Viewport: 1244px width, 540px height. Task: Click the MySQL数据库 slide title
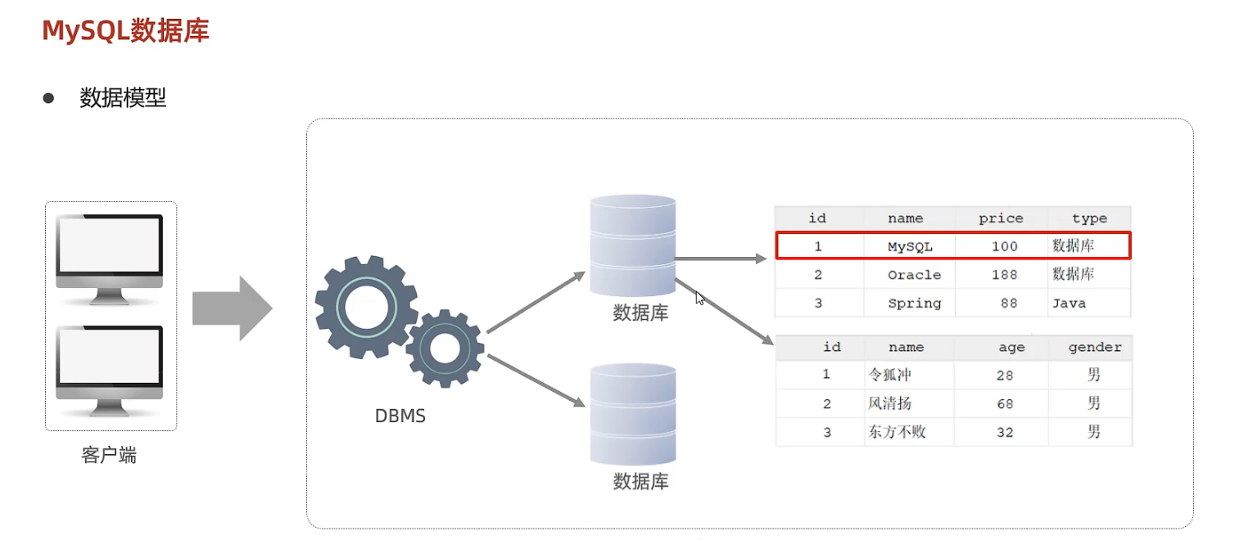click(x=125, y=31)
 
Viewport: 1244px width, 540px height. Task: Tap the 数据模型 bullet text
click(x=123, y=98)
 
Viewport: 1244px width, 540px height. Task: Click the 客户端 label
click(x=109, y=456)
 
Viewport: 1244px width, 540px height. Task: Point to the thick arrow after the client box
click(x=232, y=308)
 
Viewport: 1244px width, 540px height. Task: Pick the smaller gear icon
click(x=445, y=348)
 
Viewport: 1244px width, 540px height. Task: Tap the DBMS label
click(x=400, y=416)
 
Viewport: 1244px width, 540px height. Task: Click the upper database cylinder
click(x=632, y=245)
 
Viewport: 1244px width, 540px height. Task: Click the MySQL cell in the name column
click(x=910, y=246)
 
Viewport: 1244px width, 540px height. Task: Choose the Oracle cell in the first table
click(x=914, y=275)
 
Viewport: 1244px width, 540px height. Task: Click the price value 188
click(x=1004, y=275)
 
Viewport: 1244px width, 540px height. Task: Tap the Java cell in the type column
click(x=1069, y=304)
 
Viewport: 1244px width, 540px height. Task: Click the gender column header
click(x=1095, y=347)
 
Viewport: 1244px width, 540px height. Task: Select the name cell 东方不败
click(x=897, y=432)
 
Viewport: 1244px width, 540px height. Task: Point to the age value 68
click(x=1005, y=404)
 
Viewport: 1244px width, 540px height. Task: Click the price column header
click(x=1001, y=218)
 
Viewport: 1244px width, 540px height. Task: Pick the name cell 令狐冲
click(x=889, y=375)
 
